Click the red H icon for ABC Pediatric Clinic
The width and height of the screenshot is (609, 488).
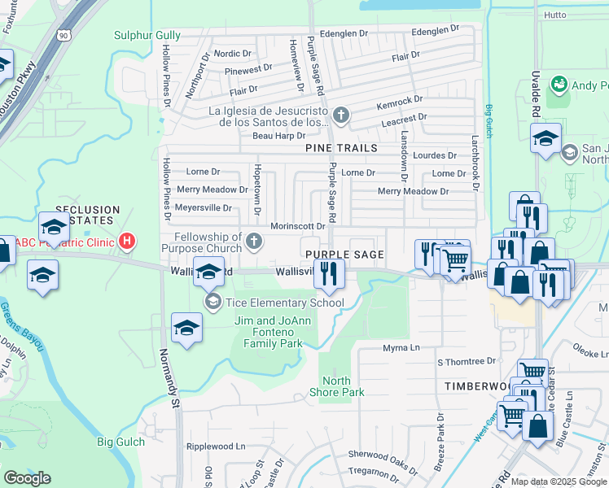point(126,241)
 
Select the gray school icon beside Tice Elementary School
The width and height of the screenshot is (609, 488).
point(213,303)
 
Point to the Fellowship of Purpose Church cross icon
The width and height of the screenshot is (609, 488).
point(255,240)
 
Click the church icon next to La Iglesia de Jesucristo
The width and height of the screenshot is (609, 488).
point(340,116)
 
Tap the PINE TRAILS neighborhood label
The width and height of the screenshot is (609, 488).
point(341,148)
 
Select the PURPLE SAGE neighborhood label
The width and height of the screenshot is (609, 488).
point(344,255)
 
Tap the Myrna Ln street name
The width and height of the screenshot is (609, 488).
point(401,348)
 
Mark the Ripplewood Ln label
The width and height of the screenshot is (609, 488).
point(215,447)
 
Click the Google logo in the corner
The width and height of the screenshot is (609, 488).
point(27,478)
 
